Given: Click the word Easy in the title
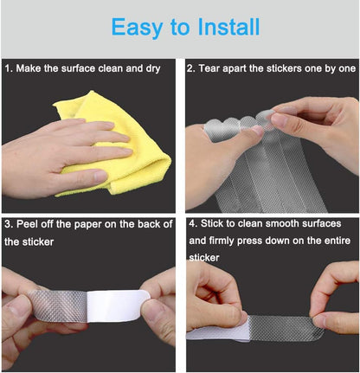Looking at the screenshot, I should point(141,27).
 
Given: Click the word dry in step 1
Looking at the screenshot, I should point(161,67).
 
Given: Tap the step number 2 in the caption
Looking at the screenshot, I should point(191,67).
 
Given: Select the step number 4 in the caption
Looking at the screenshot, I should point(191,224).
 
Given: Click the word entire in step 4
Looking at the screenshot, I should point(339,241).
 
